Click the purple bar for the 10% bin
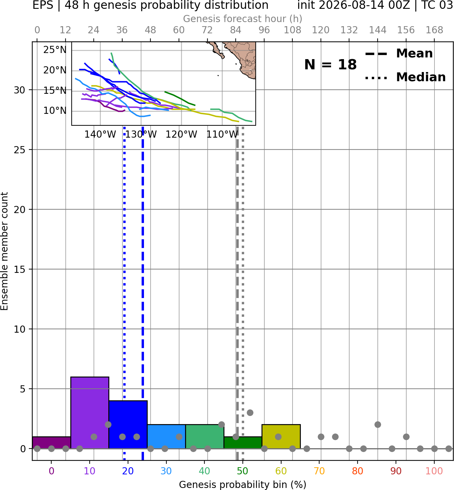click(x=90, y=413)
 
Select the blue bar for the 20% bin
click(x=128, y=424)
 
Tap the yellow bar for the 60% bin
click(x=281, y=436)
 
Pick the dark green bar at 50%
click(x=243, y=443)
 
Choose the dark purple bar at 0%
click(x=52, y=443)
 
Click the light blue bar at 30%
click(x=166, y=436)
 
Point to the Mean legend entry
click(x=399, y=54)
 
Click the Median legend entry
click(x=405, y=77)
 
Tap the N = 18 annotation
click(x=330, y=65)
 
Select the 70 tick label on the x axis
click(x=319, y=471)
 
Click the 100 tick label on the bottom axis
click(x=434, y=471)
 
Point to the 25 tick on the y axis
click(x=19, y=150)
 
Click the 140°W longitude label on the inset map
click(x=100, y=135)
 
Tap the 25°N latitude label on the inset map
click(x=55, y=50)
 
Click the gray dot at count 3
click(x=250, y=413)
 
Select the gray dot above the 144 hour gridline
click(x=378, y=425)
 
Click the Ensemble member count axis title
click(x=4, y=251)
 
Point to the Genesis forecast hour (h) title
click(x=243, y=19)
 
